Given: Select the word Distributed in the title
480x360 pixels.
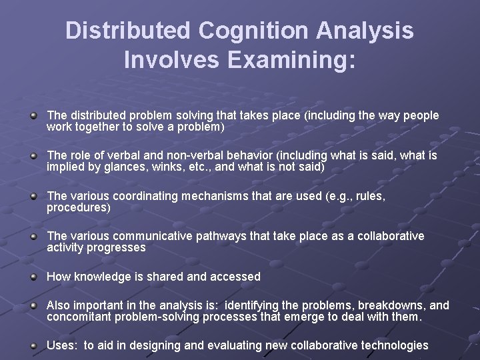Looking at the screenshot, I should point(122,31).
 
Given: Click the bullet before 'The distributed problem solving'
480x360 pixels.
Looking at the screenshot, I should point(34,117).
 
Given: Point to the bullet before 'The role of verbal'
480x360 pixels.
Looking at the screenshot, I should point(34,156).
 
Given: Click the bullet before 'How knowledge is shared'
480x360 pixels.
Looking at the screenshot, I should point(34,276).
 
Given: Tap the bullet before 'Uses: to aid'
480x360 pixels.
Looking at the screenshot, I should point(34,345).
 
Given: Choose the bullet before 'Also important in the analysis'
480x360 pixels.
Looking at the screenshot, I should point(34,306).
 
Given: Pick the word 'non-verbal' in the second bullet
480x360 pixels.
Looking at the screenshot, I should point(199,155).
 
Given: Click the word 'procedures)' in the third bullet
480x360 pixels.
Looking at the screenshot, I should point(79,207).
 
